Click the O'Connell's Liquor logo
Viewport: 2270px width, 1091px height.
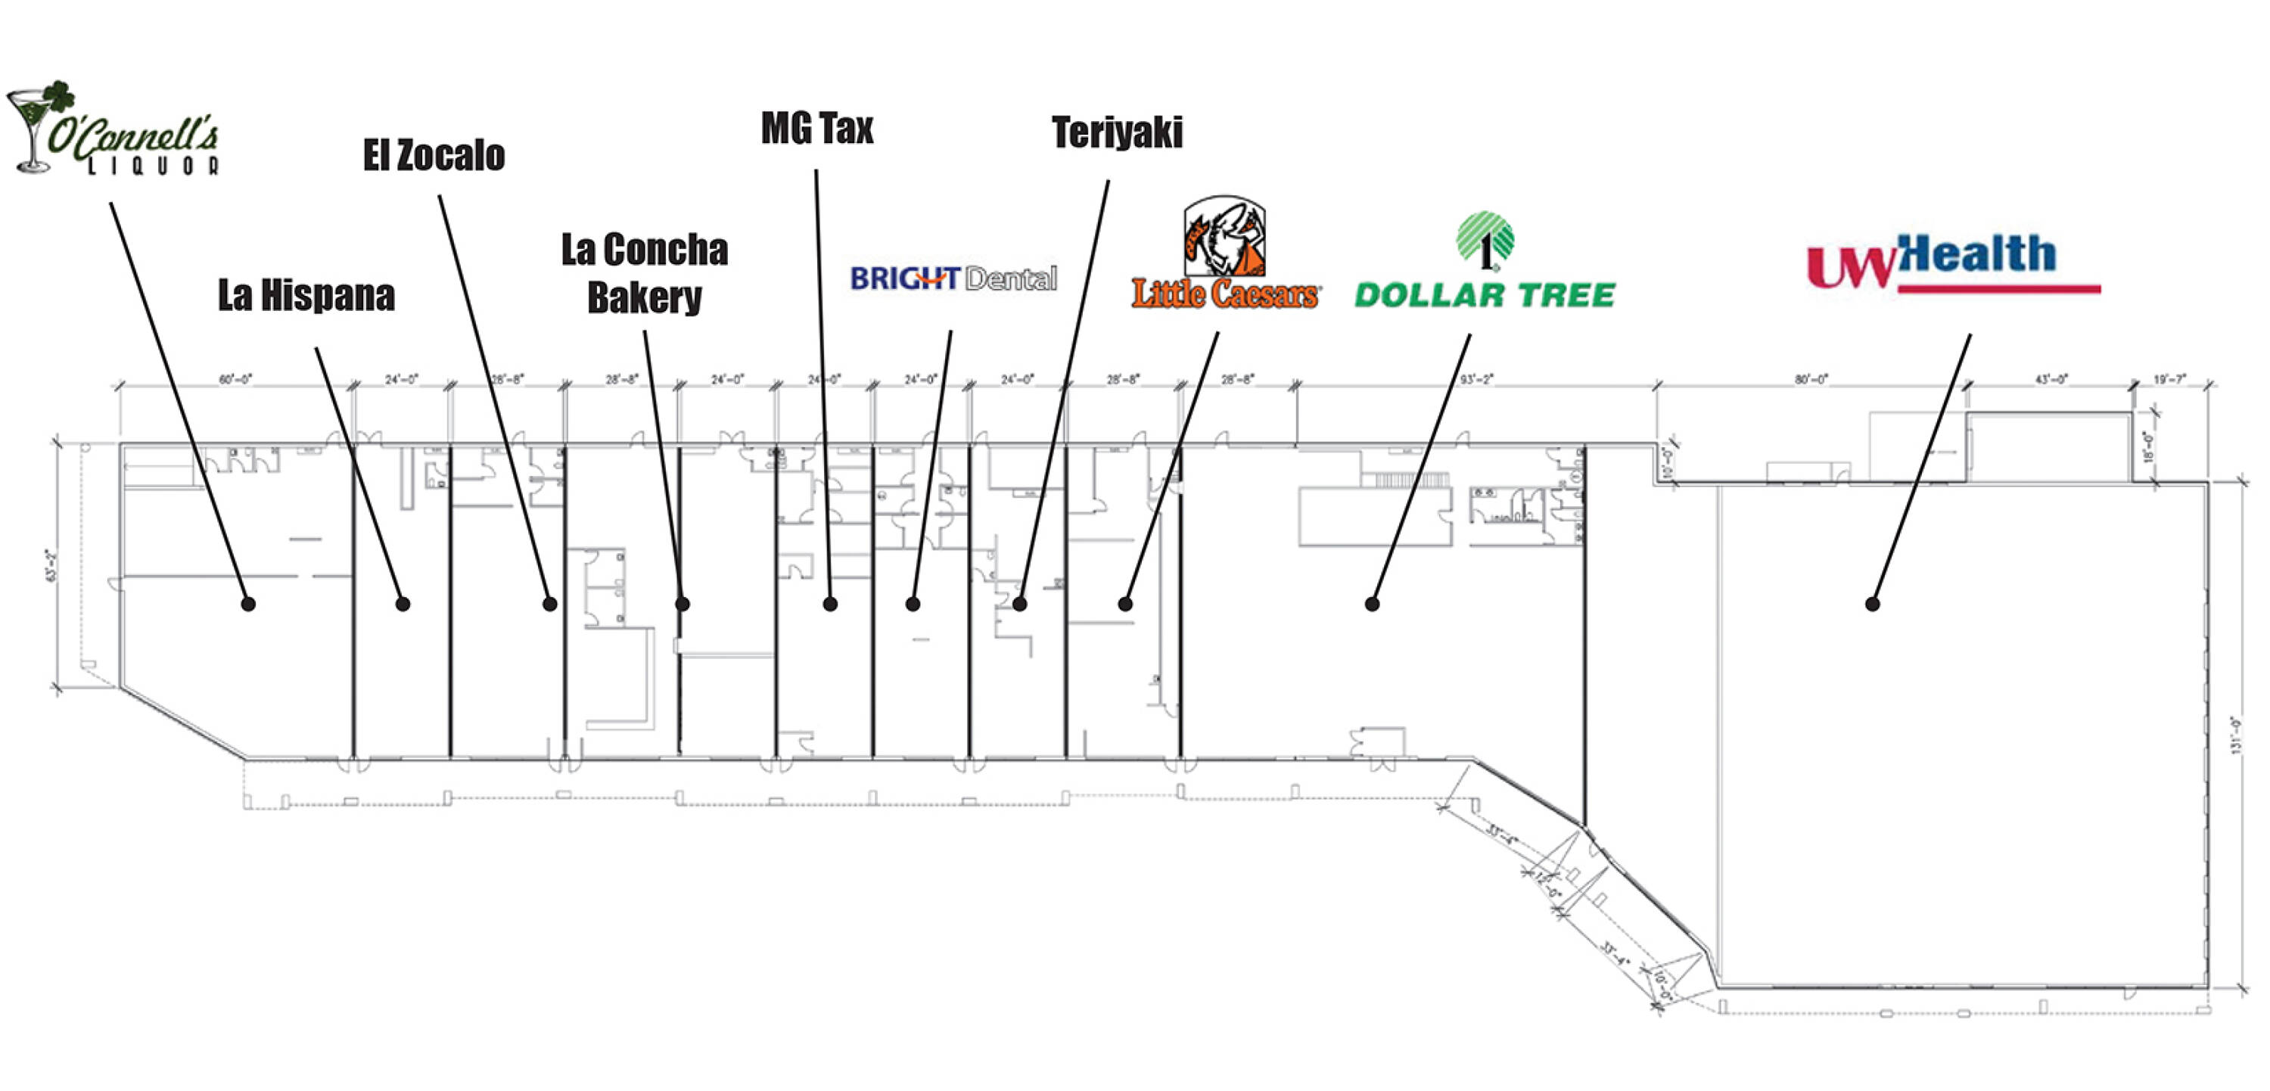[x=114, y=130]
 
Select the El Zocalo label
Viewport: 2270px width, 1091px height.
[x=434, y=156]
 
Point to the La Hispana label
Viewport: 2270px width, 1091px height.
[x=306, y=295]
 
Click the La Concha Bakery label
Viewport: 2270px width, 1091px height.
[x=644, y=273]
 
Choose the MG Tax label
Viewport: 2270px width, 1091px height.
[x=817, y=129]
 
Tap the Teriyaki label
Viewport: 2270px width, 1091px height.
[x=1117, y=133]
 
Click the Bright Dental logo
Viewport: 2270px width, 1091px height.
[x=953, y=279]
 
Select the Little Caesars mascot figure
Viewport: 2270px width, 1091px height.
[x=1224, y=236]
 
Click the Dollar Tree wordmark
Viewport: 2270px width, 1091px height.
[x=1484, y=295]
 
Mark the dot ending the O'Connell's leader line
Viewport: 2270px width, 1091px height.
[x=248, y=604]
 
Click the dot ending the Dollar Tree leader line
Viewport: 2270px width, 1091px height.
[x=1372, y=604]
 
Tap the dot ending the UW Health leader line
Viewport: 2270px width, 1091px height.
[x=1873, y=604]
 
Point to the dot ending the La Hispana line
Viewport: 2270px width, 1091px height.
[x=403, y=604]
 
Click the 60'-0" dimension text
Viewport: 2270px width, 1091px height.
[x=235, y=380]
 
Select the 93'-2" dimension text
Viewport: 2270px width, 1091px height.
[x=1476, y=380]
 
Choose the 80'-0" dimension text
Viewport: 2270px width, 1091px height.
[x=1811, y=380]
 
